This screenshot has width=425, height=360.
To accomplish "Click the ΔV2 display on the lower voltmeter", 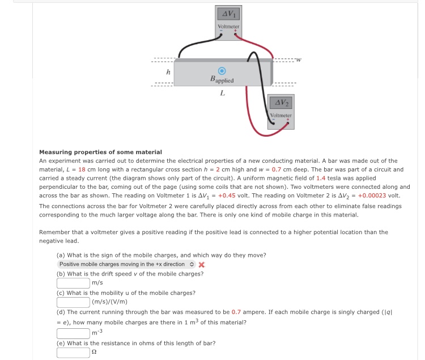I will click(280, 102).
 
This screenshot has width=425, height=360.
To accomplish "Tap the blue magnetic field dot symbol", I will click(222, 71).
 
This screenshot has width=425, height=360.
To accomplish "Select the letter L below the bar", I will click(222, 94).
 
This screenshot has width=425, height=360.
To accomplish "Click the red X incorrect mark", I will click(201, 265).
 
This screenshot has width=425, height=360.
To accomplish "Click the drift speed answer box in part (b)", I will click(73, 283).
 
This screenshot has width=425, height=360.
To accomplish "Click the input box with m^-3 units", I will click(73, 332).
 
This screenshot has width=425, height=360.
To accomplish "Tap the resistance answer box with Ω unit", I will click(73, 353).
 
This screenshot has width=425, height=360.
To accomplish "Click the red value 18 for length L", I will click(82, 170).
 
